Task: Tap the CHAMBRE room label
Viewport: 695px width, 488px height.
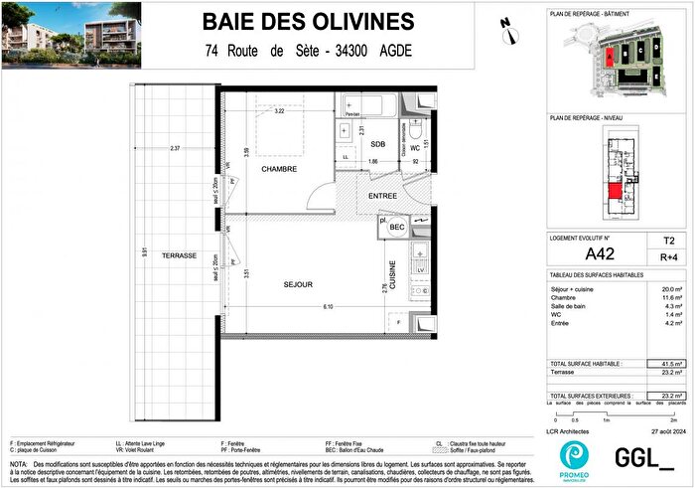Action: pos(280,170)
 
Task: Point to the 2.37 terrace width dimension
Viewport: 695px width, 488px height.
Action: pos(175,149)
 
